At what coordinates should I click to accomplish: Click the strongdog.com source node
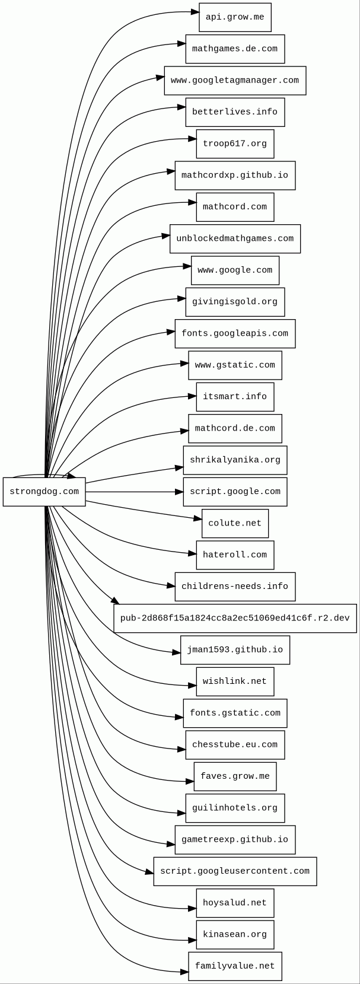pyautogui.click(x=44, y=492)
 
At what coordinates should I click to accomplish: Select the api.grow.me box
pyautogui.click(x=235, y=17)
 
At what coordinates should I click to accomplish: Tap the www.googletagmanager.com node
pyautogui.click(x=235, y=81)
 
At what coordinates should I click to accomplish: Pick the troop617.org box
pyautogui.click(x=235, y=144)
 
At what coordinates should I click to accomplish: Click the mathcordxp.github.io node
pyautogui.click(x=235, y=176)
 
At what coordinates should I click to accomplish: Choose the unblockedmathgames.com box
pyautogui.click(x=235, y=239)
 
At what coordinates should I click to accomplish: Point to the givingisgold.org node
pyautogui.click(x=235, y=302)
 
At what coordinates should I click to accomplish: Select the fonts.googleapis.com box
pyautogui.click(x=235, y=334)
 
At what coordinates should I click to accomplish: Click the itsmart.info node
pyautogui.click(x=235, y=397)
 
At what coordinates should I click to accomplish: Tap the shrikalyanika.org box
pyautogui.click(x=235, y=460)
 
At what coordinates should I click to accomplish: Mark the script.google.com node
pyautogui.click(x=235, y=492)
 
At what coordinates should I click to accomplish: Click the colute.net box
pyautogui.click(x=235, y=524)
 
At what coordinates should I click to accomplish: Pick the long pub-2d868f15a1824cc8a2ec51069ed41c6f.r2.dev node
pyautogui.click(x=235, y=619)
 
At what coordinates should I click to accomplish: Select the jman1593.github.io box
pyautogui.click(x=235, y=650)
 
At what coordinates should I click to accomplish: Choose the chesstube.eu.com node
pyautogui.click(x=235, y=745)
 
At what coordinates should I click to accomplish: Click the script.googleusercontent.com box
pyautogui.click(x=235, y=871)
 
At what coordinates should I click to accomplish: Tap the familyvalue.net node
pyautogui.click(x=235, y=966)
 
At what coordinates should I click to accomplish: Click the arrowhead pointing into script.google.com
pyautogui.click(x=179, y=492)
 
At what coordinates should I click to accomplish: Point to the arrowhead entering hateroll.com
pyautogui.click(x=192, y=554)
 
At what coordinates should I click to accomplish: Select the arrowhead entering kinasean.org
pyautogui.click(x=192, y=940)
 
